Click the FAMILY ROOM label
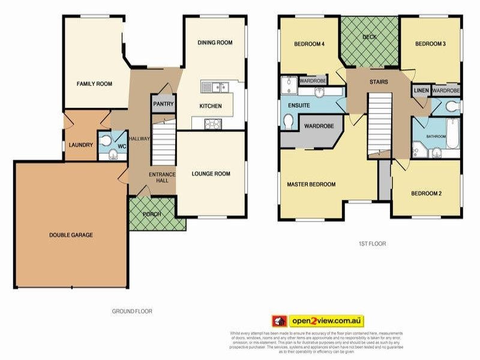point(94,84)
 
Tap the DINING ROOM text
point(214,43)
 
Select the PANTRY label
point(163,104)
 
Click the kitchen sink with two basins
point(215,88)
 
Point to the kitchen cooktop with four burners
point(213,124)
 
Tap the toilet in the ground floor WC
point(107,140)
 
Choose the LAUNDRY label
point(80,145)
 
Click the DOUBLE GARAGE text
point(71,235)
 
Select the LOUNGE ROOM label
point(211,174)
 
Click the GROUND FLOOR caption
point(132,311)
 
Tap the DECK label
point(370,37)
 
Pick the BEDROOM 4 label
point(309,44)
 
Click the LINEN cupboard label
point(421,90)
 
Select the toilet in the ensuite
point(288,121)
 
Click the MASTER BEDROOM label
point(311,184)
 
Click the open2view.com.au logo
point(319,320)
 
